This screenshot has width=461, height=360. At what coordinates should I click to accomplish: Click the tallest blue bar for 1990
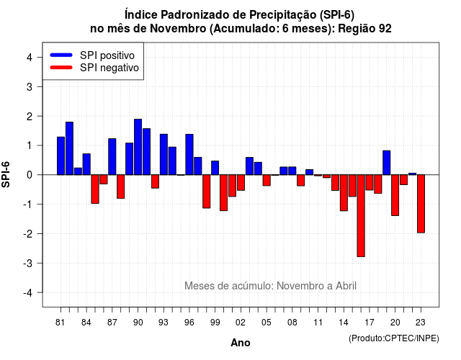(x=138, y=147)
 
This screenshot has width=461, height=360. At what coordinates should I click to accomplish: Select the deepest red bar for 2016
(x=361, y=216)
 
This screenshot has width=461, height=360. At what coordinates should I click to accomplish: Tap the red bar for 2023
(x=421, y=204)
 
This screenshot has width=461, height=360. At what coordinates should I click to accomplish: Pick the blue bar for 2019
(x=387, y=163)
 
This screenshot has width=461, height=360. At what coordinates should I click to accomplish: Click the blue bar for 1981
(x=61, y=156)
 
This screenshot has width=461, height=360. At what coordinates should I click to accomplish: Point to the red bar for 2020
(x=395, y=195)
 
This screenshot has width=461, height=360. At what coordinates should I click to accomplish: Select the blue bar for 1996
(x=189, y=155)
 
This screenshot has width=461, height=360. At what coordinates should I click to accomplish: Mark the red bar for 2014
(x=344, y=193)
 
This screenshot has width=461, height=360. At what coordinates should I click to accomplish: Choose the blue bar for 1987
(x=112, y=157)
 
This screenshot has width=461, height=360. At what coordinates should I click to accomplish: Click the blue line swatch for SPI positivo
(x=61, y=55)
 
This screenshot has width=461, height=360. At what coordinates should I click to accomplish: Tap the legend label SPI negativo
(x=109, y=68)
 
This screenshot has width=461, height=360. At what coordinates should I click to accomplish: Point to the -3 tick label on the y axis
(x=29, y=263)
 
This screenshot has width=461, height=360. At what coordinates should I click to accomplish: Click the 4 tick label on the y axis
(x=30, y=58)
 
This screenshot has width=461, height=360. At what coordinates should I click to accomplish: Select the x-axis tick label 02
(x=241, y=323)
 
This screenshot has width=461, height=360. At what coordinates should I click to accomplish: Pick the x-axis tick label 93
(x=164, y=323)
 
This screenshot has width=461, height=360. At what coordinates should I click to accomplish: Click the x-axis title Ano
(x=241, y=343)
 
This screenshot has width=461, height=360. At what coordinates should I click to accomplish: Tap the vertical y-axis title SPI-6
(x=6, y=174)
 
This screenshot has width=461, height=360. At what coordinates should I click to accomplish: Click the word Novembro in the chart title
(x=178, y=29)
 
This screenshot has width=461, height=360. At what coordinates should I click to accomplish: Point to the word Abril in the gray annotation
(x=346, y=286)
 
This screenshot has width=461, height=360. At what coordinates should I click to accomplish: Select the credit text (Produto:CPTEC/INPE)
(x=394, y=338)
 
